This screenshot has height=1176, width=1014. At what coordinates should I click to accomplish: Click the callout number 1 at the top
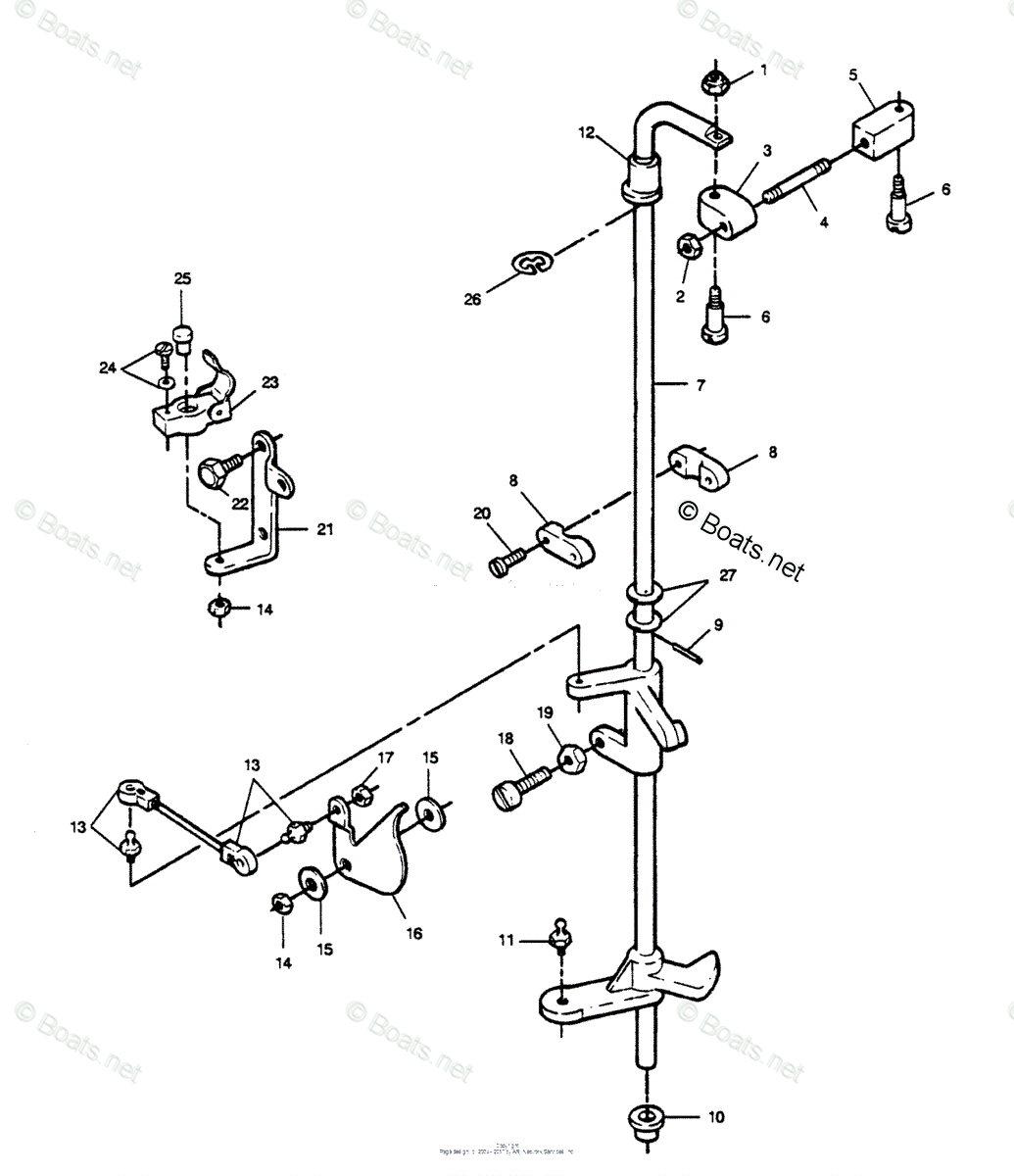pos(764,71)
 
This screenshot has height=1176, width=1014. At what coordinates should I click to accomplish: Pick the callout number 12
pos(586,131)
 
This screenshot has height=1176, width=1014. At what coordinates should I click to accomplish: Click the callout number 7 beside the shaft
pos(700,385)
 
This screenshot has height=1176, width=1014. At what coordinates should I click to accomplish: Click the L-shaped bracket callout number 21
pos(325,529)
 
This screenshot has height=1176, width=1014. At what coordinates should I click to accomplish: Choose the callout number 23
pos(270,382)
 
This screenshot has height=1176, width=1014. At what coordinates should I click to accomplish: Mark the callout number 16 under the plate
pos(414,933)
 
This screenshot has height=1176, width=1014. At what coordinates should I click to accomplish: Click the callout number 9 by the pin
pos(718,622)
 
